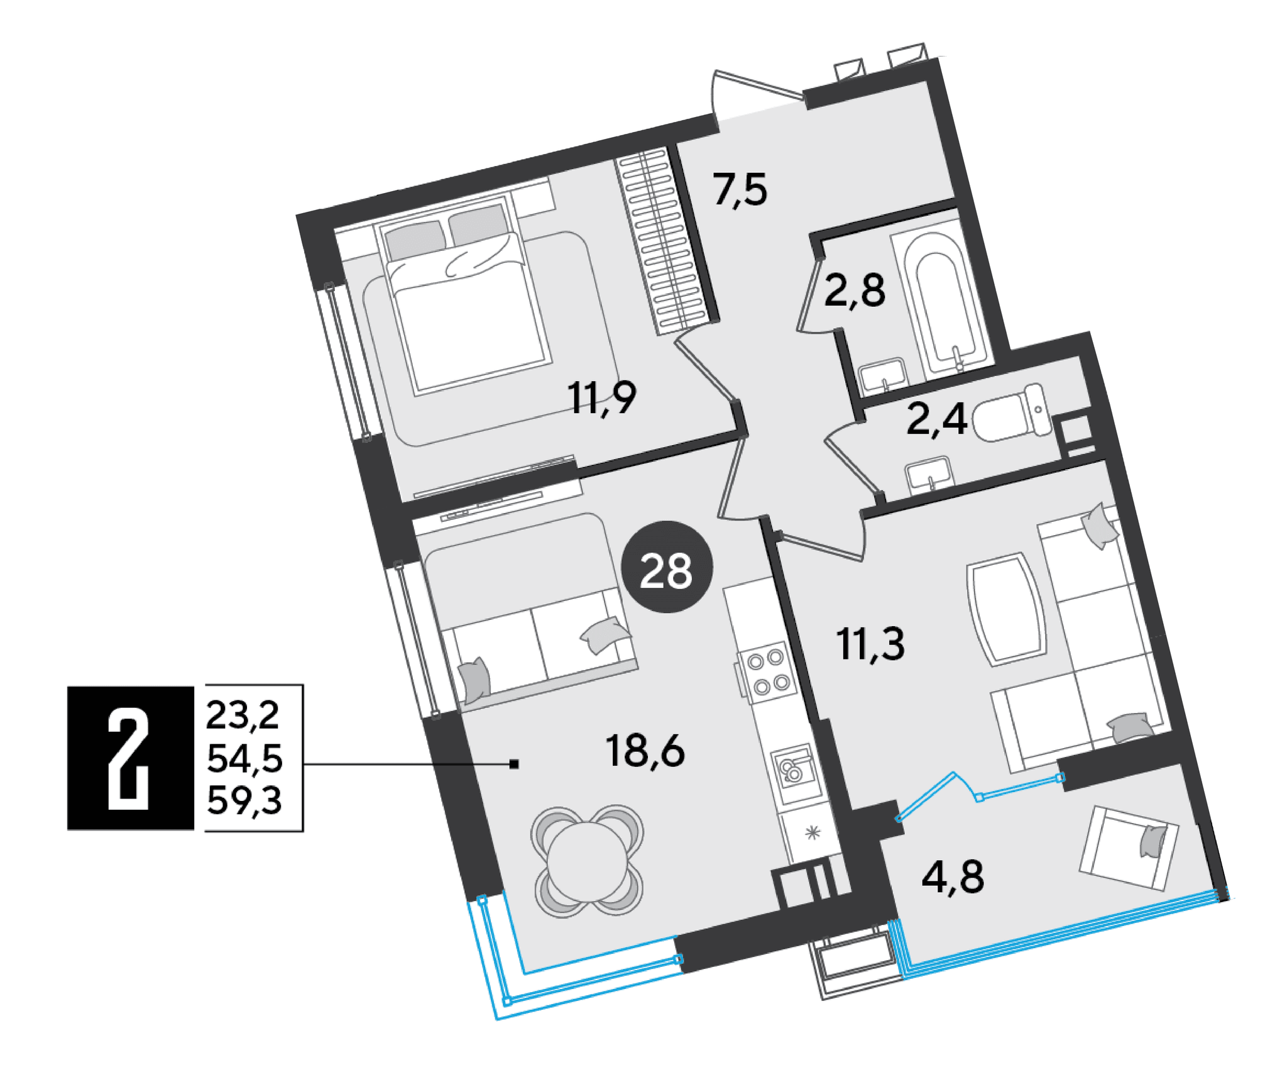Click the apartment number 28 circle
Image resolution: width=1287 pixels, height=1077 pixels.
(x=667, y=567)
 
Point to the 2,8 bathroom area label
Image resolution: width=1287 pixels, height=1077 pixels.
(x=854, y=290)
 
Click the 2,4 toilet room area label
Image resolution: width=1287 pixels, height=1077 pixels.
(x=936, y=419)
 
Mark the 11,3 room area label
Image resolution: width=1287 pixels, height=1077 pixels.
(x=870, y=644)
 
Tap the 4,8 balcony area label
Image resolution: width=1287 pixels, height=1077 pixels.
(x=953, y=877)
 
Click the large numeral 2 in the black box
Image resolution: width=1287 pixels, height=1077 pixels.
(x=128, y=758)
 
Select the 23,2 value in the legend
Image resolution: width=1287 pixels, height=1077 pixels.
(x=243, y=715)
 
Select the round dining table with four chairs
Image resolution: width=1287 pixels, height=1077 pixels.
(x=588, y=859)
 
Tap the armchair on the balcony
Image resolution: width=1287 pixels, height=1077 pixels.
(x=1129, y=848)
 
